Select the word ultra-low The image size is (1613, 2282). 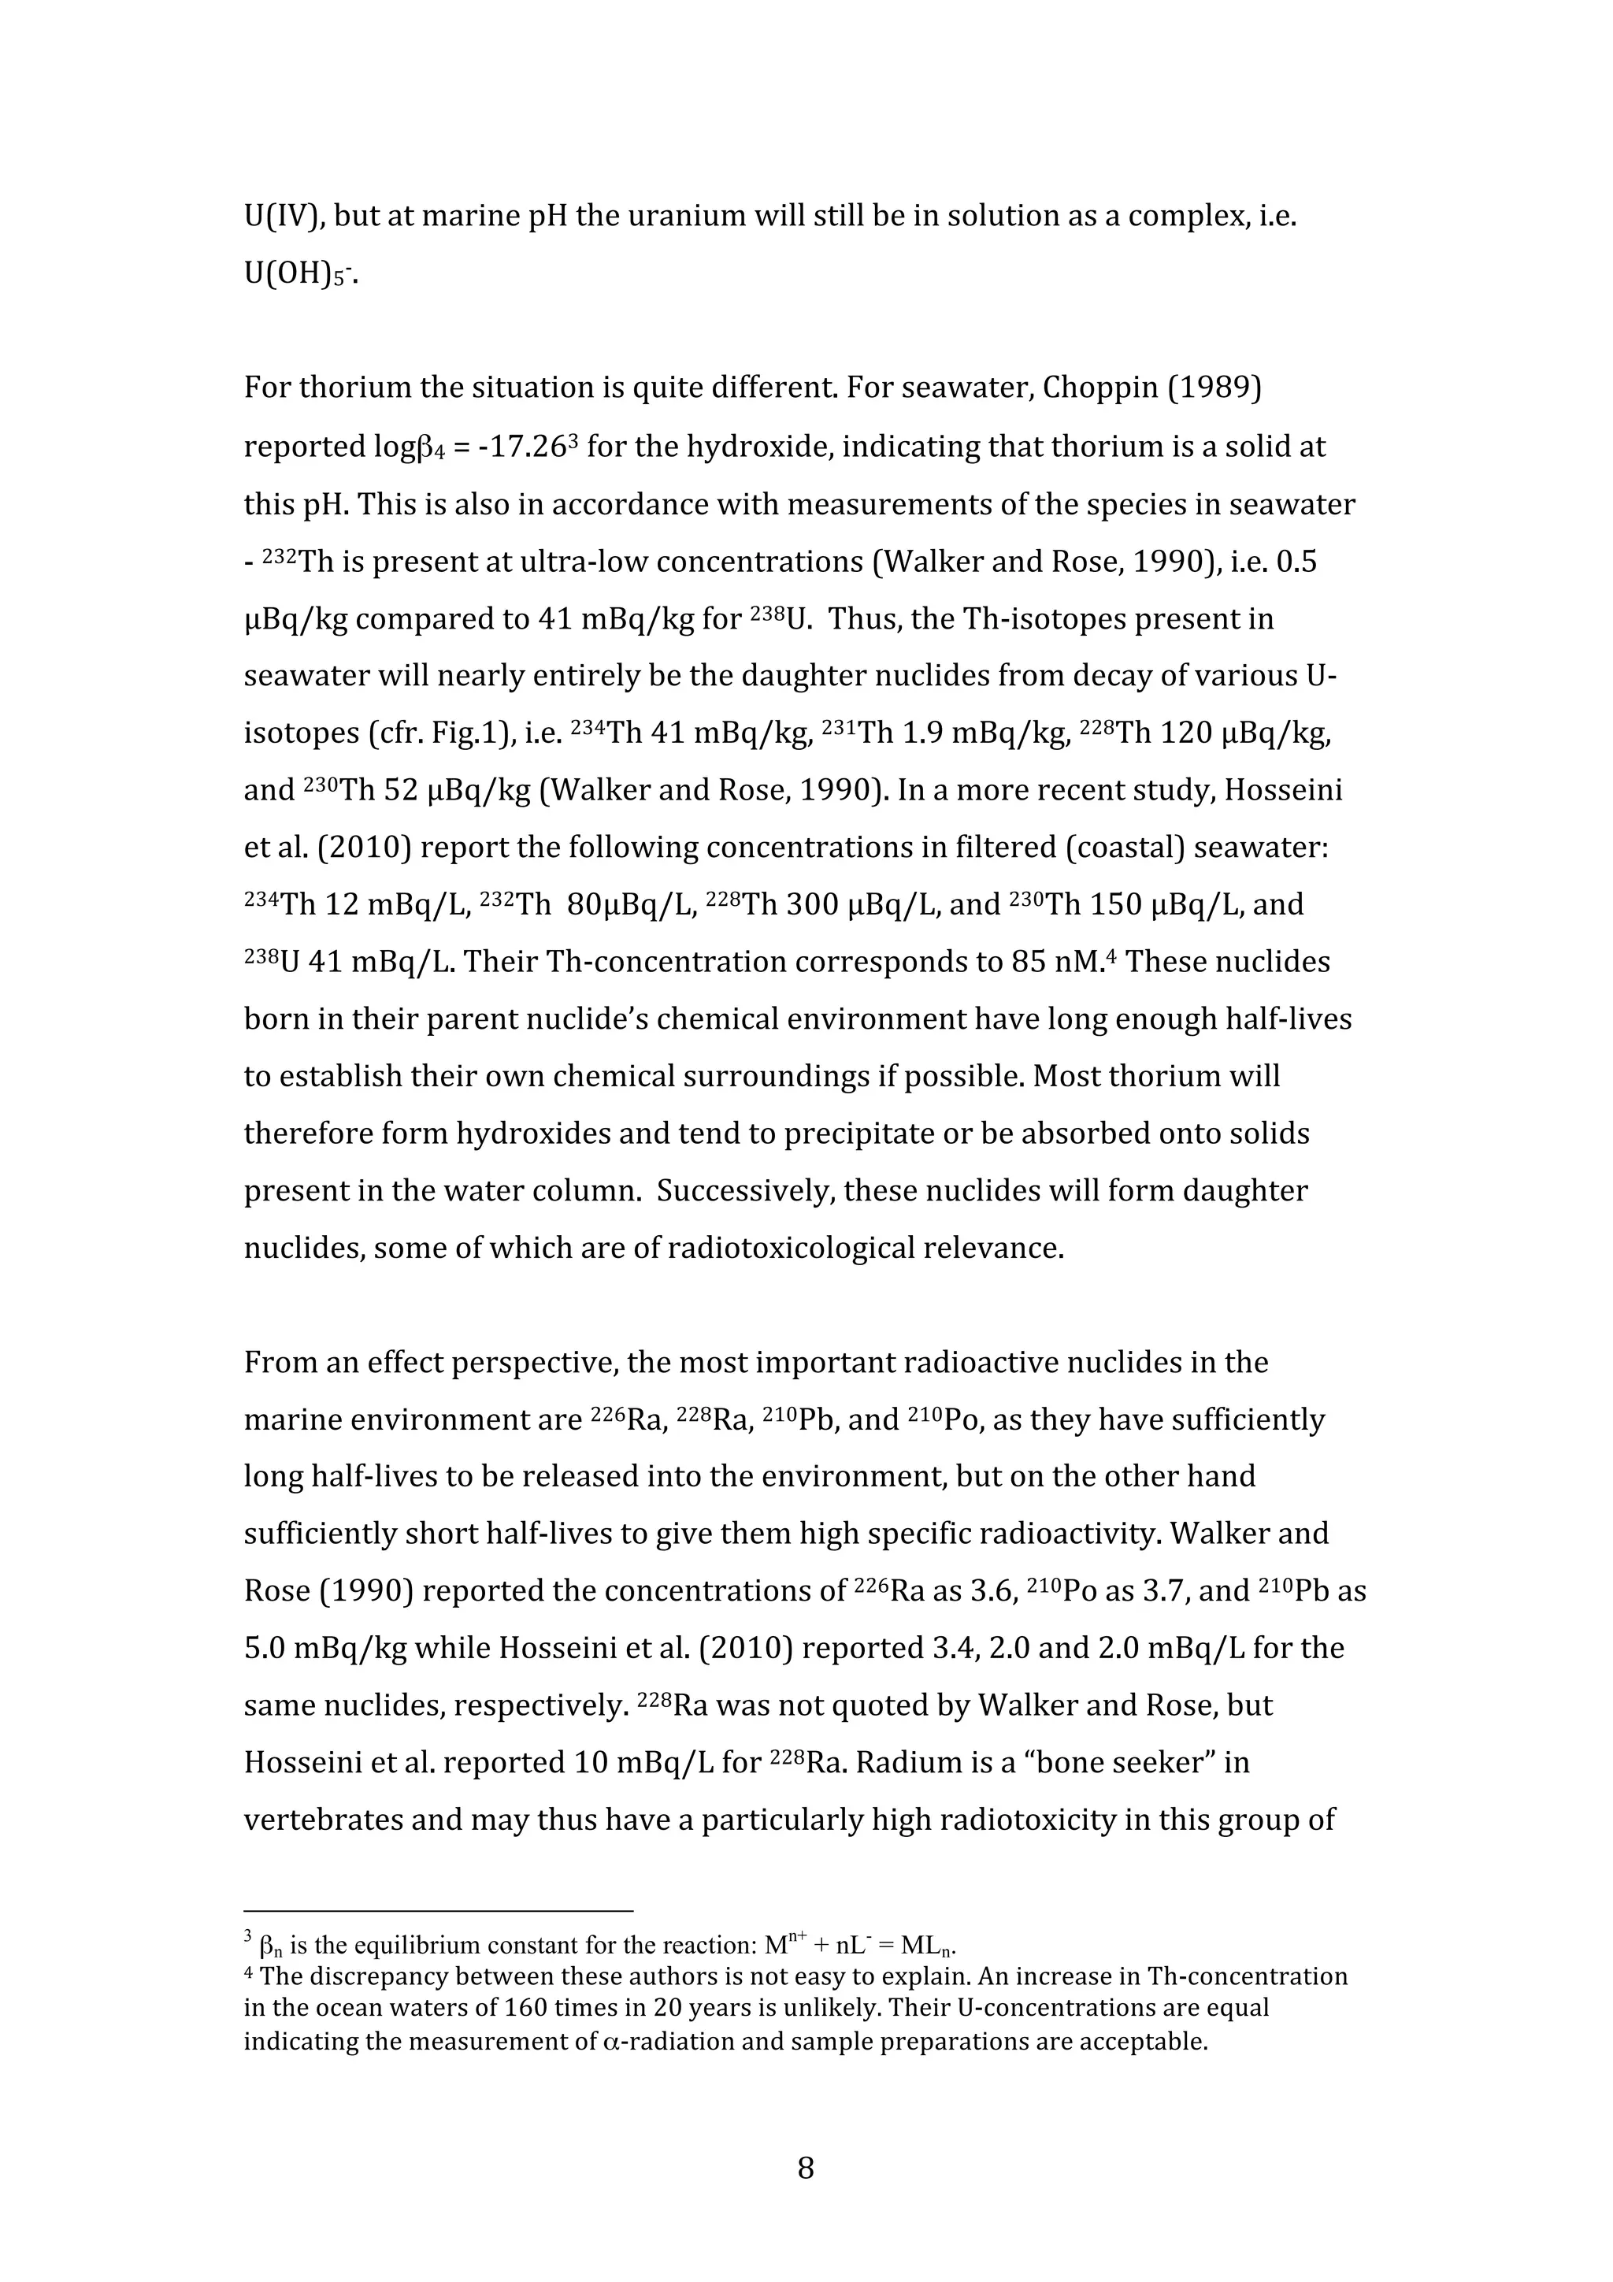(x=584, y=562)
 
